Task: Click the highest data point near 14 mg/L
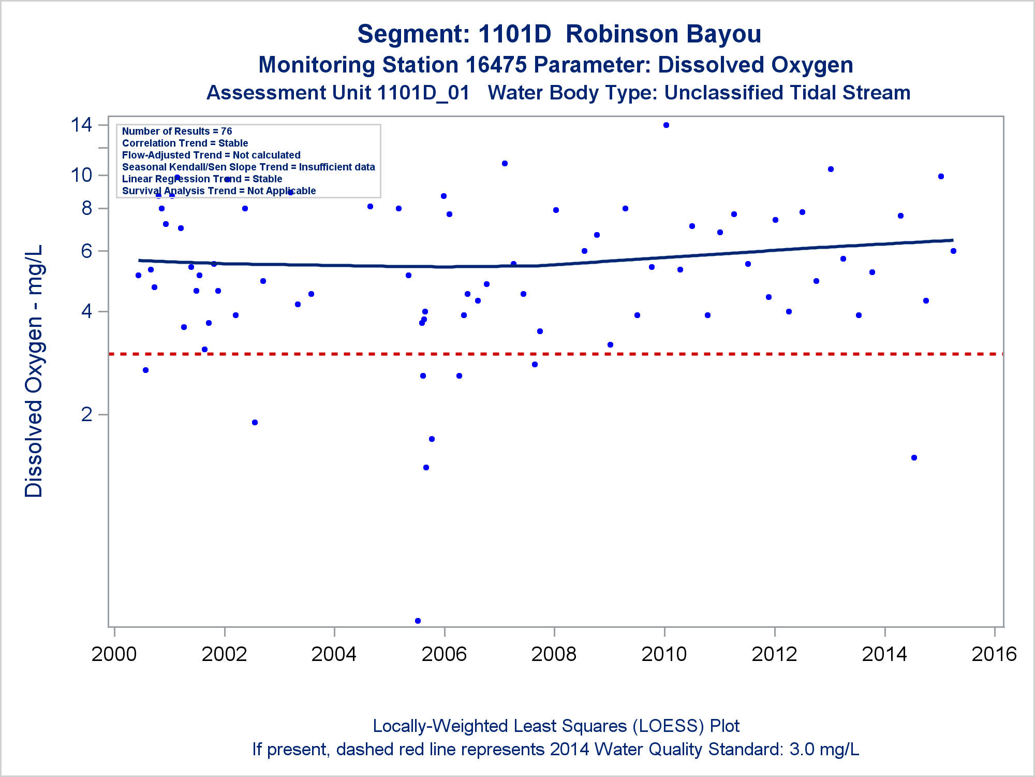(666, 125)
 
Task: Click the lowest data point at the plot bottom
(418, 621)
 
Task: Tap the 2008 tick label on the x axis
(554, 654)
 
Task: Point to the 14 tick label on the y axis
(82, 125)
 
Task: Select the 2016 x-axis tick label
(994, 654)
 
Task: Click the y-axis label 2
(86, 414)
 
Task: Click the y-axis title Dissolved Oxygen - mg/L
(34, 371)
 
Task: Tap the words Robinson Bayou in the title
(663, 34)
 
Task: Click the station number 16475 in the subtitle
(496, 65)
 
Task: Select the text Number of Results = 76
(177, 132)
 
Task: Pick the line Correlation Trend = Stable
(185, 143)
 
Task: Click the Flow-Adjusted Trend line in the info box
(211, 155)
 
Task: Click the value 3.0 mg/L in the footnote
(824, 750)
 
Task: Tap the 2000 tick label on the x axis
(114, 654)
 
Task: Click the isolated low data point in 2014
(914, 457)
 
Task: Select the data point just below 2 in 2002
(255, 422)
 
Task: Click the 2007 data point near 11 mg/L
(505, 164)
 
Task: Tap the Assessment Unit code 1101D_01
(423, 93)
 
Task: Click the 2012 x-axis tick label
(774, 654)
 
